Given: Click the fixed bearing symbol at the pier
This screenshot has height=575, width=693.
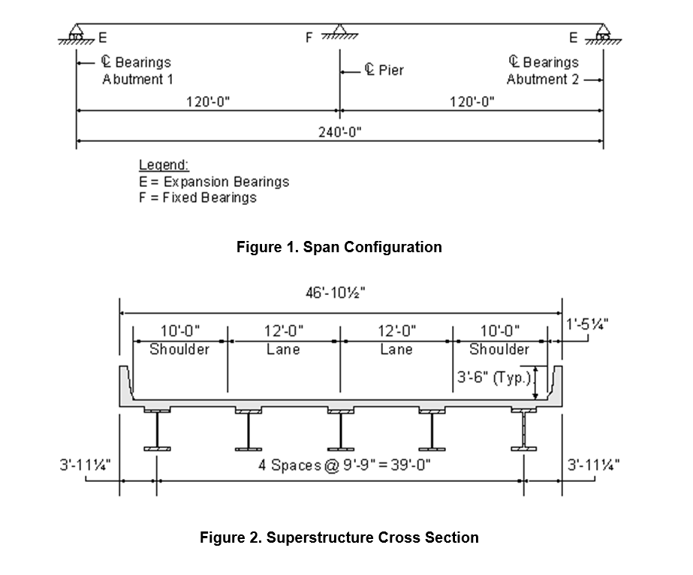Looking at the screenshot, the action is coord(339,32).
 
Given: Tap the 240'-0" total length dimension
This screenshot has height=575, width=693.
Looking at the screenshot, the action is coord(340,131).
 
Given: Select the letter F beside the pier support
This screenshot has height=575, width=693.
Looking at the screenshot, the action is coord(309,38).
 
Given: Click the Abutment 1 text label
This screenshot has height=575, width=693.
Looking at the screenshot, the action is coord(137,80).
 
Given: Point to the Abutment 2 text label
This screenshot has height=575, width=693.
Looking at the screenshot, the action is coord(542,80).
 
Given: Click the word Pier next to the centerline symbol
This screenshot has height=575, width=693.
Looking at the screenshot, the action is coord(391,71).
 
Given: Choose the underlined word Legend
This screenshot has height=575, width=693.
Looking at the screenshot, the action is coord(164,165).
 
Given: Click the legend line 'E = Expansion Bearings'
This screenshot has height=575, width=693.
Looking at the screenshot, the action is coord(214,182).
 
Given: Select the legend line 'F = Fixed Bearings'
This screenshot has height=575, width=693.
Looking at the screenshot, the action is coord(197,197).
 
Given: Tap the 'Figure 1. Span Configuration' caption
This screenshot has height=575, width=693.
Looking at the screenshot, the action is coord(339,247).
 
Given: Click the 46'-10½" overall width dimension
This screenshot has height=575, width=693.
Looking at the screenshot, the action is coord(336,293).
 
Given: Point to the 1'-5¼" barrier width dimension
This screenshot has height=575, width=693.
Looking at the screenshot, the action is coord(587,324).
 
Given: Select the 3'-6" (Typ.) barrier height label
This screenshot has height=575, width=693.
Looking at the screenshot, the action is coord(494,378).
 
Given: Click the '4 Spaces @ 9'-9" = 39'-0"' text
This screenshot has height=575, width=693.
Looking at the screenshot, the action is coord(345,465).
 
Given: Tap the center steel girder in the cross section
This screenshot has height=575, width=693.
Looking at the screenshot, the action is coord(340,430).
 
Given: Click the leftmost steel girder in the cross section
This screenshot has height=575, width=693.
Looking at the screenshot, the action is coord(158,430).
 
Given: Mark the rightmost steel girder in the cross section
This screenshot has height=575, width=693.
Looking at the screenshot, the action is coord(524,430).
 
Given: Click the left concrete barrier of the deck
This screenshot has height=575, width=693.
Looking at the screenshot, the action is coord(125,384).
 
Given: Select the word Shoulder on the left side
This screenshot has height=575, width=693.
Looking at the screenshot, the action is coord(179,350).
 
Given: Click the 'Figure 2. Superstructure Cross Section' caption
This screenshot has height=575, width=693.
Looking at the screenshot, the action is coord(339,537).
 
